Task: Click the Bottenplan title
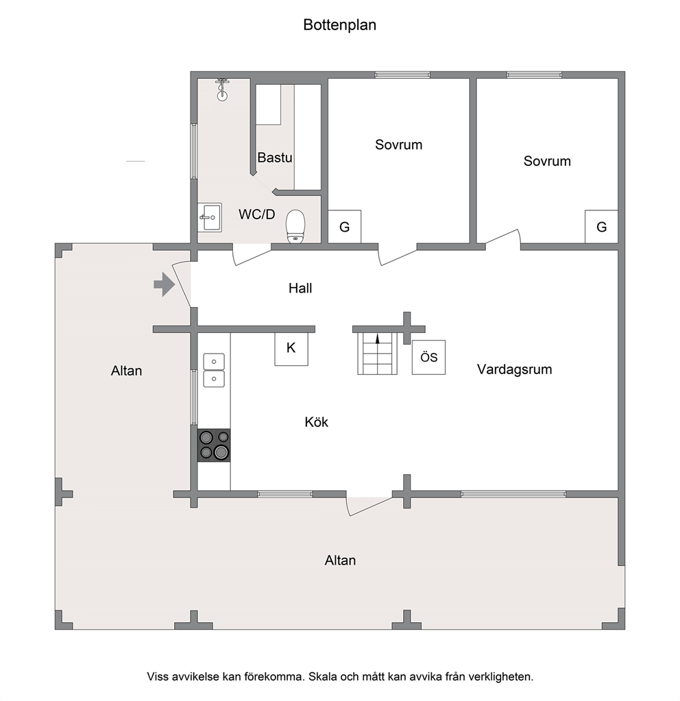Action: pos(339,25)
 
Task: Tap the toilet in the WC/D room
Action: pos(295,227)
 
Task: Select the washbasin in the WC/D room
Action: pos(210,218)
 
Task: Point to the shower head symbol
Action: pos(222,89)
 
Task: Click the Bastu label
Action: pos(275,158)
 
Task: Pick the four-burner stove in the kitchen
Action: pos(214,445)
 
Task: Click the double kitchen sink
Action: pos(214,370)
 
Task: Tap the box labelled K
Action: pos(291,349)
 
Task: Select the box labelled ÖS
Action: pos(428,357)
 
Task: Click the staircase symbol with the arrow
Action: pos(377,354)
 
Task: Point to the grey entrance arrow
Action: pos(165,284)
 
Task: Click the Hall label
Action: pos(300,288)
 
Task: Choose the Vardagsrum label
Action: pos(515,369)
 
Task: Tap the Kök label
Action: pos(316,422)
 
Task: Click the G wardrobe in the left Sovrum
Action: pos(345,227)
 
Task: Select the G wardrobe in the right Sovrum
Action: pos(602,227)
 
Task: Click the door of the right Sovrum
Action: pos(503,237)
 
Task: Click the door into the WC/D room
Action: pos(252,255)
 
